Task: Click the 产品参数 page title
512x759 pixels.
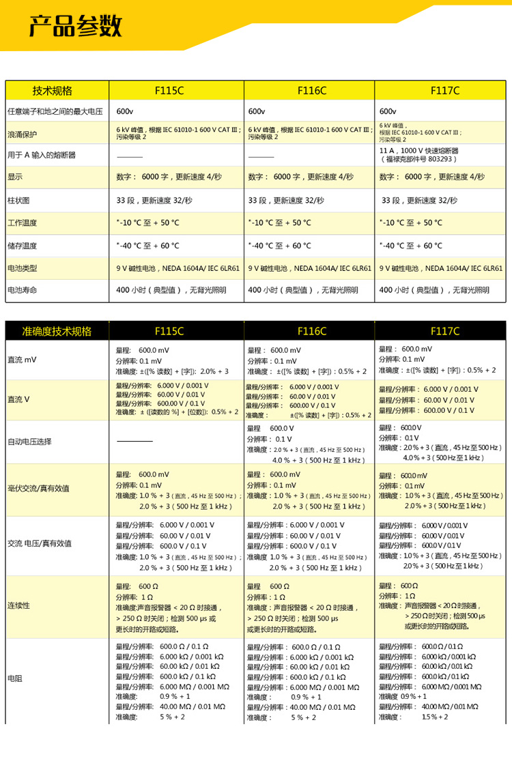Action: coord(74,27)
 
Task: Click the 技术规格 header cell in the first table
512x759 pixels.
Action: coord(52,91)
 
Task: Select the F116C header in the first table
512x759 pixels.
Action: coord(311,91)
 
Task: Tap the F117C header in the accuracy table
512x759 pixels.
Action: coord(445,331)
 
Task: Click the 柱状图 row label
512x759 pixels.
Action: coord(18,201)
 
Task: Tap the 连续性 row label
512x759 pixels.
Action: coord(18,605)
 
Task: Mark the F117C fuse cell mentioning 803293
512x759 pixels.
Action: coord(421,154)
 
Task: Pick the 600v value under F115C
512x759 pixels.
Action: coord(124,111)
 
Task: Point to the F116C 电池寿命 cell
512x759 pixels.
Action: coord(303,290)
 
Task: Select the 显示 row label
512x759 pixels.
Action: coord(14,177)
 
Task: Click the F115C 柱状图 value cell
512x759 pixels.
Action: coord(154,201)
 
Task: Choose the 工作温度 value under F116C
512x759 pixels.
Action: coord(280,223)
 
